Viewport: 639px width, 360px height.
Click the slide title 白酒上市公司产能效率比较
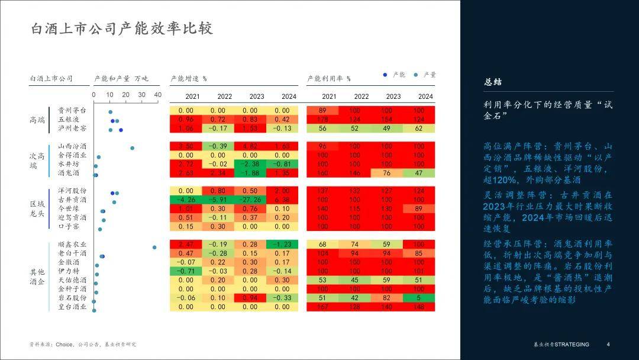point(122,28)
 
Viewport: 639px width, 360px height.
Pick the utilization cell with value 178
point(322,119)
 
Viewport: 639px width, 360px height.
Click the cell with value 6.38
point(282,200)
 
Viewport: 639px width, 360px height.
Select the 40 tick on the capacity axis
point(157,95)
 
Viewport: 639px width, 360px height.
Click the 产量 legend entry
point(425,75)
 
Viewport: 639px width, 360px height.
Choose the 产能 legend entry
point(395,75)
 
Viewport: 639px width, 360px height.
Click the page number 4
point(608,344)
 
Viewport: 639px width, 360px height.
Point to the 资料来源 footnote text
point(83,344)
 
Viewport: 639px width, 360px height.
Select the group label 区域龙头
point(37,208)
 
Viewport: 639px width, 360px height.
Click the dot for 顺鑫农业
point(154,247)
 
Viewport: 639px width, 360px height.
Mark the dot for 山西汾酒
point(132,148)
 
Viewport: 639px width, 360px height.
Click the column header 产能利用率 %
point(329,78)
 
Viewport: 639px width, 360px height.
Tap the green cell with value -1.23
point(282,244)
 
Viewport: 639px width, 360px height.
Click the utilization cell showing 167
point(322,307)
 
